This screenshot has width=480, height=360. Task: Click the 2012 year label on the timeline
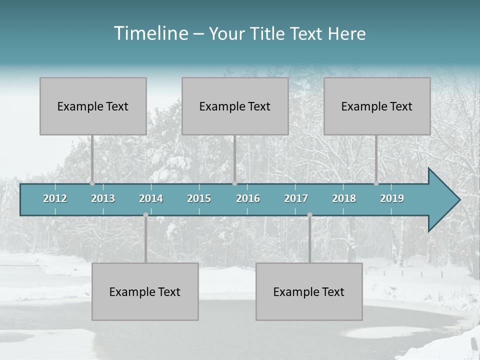click(55, 198)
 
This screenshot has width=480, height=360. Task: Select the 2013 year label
click(103, 198)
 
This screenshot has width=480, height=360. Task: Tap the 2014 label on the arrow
click(151, 198)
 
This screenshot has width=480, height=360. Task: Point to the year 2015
click(199, 198)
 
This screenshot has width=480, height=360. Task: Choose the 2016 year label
click(248, 198)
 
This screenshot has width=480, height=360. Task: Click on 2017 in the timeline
click(296, 198)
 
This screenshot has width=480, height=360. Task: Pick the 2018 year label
click(344, 198)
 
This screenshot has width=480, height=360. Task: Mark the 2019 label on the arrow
click(392, 198)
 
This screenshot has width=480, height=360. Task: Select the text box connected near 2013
click(93, 106)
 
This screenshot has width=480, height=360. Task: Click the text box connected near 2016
click(235, 106)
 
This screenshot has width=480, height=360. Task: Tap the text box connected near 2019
click(377, 106)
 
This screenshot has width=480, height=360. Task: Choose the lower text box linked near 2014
click(145, 291)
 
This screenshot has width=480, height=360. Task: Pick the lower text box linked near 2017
click(309, 291)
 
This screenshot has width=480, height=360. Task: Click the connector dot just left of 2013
click(92, 183)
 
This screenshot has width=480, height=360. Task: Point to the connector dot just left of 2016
click(234, 183)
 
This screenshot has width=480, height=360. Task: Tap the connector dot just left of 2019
click(376, 183)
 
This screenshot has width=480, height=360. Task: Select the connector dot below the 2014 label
click(145, 215)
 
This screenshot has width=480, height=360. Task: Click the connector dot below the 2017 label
click(309, 215)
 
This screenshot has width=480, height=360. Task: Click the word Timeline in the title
click(150, 33)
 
